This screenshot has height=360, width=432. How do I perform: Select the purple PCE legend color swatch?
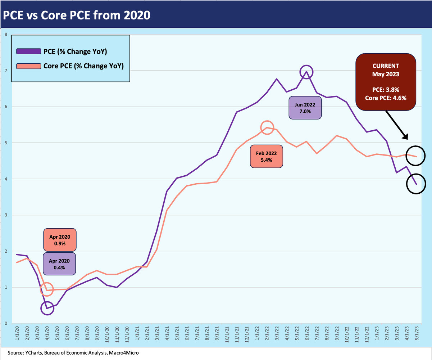pos(28,51)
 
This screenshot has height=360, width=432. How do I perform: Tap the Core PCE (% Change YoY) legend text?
pos(83,66)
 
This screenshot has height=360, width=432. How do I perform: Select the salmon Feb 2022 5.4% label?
pos(267,156)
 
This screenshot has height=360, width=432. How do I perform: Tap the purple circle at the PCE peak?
pos(306,72)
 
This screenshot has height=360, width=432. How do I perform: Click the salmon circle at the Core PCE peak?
pos(267,128)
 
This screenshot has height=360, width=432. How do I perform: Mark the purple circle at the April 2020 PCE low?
pos(47,308)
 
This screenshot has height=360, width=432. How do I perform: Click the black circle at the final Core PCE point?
pos(416,156)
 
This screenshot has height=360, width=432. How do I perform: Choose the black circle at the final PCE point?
pos(416,184)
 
